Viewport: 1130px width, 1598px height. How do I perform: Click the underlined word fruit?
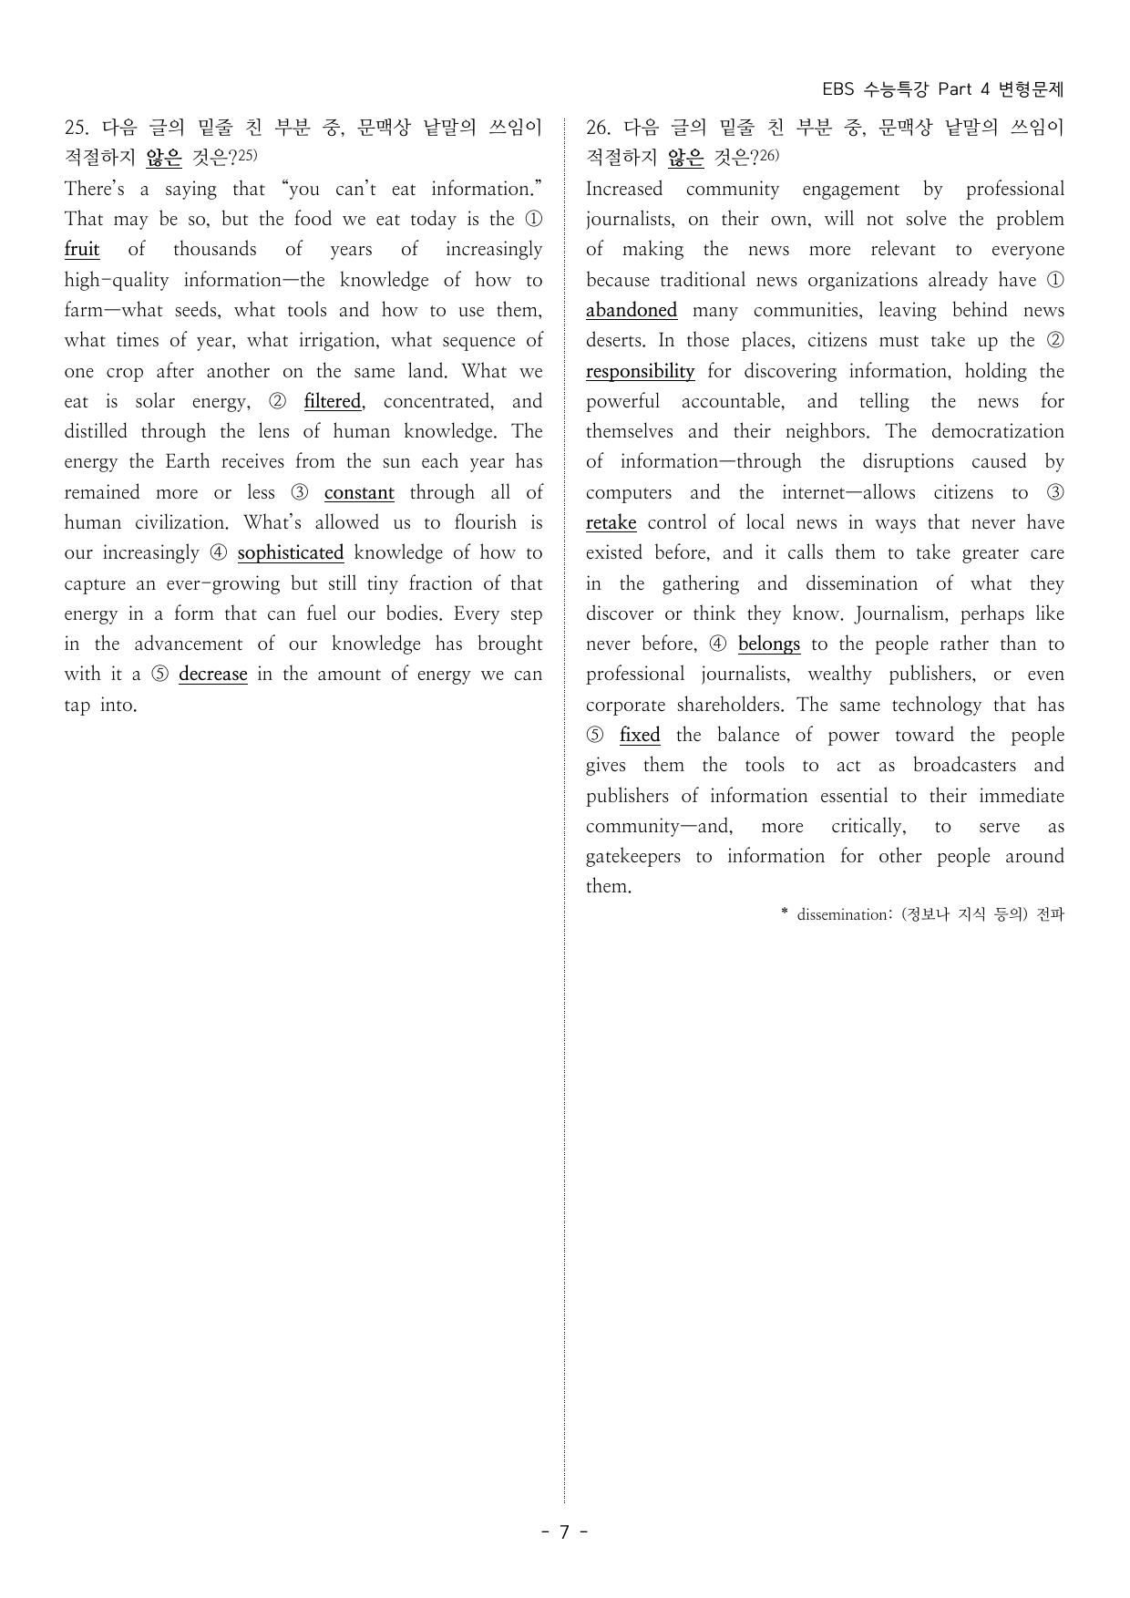[82, 250]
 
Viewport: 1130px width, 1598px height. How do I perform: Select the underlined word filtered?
[333, 402]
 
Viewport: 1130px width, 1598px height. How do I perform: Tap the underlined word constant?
[359, 493]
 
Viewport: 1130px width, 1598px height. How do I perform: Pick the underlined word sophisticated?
[291, 553]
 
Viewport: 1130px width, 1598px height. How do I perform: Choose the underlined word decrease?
[213, 675]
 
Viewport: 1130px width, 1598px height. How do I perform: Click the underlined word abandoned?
[632, 311]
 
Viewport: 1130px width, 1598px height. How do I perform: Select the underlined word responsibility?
[640, 372]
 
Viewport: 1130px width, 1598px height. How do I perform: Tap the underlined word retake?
[611, 523]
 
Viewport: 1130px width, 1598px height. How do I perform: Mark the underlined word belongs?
[769, 644]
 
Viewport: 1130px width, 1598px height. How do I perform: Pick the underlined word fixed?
[640, 736]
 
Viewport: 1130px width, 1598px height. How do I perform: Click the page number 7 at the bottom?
[564, 1532]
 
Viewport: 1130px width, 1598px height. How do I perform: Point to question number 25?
[76, 128]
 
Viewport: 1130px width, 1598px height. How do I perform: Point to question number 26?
[598, 128]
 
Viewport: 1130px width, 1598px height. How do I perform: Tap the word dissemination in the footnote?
[837, 914]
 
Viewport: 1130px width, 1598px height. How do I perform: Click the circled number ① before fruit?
[534, 220]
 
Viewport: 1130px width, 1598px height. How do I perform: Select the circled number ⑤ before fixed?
[595, 736]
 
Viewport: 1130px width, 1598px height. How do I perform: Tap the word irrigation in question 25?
[338, 341]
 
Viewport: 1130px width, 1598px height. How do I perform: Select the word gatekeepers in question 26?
[632, 857]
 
